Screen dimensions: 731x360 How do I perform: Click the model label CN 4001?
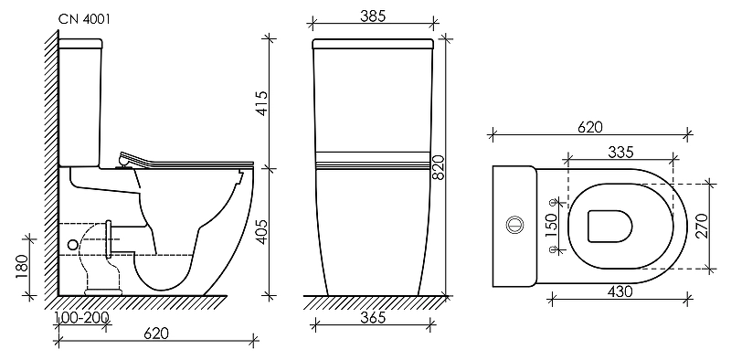pos(84,19)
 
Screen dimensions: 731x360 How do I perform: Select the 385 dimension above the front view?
pos(373,16)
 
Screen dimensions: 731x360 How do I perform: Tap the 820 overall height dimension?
pos(440,168)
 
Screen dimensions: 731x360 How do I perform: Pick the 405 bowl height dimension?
pos(262,232)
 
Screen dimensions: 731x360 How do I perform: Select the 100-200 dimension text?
pos(82,319)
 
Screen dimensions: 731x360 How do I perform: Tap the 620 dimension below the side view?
pos(155,334)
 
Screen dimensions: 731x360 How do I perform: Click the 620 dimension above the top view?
pos(590,127)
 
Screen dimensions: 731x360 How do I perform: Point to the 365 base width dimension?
pos(374,318)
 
